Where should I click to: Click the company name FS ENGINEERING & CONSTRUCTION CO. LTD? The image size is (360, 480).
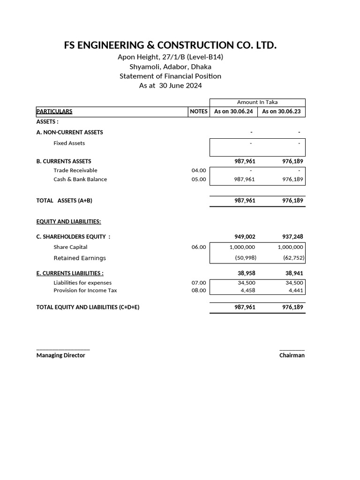(170, 45)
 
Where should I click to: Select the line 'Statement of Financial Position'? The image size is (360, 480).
(170, 76)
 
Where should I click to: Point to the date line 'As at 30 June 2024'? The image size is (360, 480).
(170, 86)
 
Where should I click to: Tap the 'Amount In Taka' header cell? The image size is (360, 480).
(257, 102)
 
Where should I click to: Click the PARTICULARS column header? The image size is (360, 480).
(54, 112)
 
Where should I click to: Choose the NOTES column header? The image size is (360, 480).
(199, 112)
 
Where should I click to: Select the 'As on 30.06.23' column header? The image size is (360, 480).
(282, 112)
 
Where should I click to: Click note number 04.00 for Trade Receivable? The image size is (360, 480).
(199, 171)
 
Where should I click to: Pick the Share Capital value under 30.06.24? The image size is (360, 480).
(242, 247)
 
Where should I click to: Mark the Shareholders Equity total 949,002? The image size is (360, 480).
(245, 237)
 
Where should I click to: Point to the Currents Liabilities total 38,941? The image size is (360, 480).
(294, 273)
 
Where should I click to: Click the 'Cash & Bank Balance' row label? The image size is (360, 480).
(80, 180)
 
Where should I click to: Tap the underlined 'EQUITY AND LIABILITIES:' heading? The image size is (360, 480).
(68, 222)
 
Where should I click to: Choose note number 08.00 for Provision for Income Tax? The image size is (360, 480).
(199, 290)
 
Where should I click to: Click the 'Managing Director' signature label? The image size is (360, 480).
(61, 355)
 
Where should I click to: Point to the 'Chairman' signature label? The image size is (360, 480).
(292, 355)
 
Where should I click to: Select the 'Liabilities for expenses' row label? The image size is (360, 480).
(82, 283)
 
